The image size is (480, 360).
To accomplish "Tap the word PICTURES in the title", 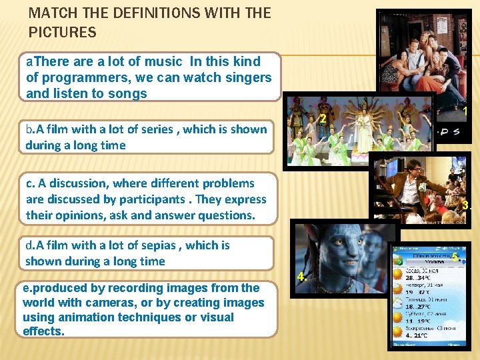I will [x=63, y=32].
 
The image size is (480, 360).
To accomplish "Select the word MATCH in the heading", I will [x=52, y=13].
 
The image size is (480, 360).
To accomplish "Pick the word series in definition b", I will [x=158, y=129].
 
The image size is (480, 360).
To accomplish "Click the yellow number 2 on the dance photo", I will [x=322, y=119].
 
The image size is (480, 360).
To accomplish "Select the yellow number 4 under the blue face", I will [x=301, y=277].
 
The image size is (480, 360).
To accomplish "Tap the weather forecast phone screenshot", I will [x=427, y=297].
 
